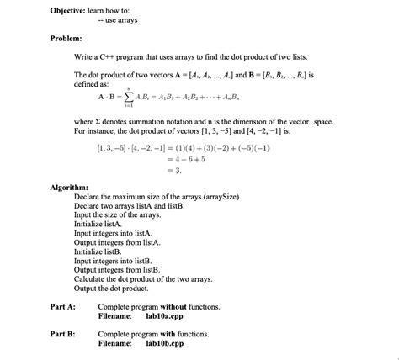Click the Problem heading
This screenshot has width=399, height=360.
[65, 39]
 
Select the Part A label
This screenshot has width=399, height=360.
[63, 307]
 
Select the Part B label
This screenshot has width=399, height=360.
[63, 335]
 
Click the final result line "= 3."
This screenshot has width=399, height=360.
[175, 171]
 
